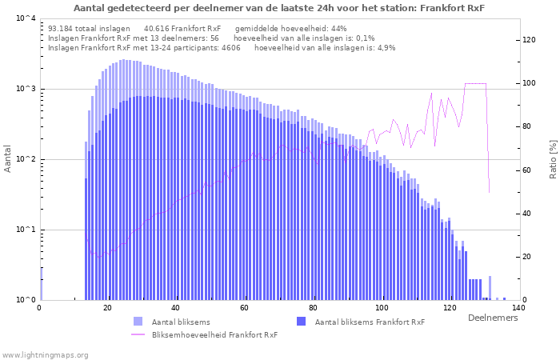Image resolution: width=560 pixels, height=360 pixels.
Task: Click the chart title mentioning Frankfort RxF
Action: pyautogui.click(x=279, y=8)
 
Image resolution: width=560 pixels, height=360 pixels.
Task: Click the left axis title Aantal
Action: pyautogui.click(x=7, y=158)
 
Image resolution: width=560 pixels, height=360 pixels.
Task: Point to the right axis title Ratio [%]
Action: pyautogui.click(x=553, y=159)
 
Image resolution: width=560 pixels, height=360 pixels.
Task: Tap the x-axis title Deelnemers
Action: pyautogui.click(x=493, y=318)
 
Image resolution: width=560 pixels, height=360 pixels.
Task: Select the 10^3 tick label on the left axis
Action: pyautogui.click(x=26, y=89)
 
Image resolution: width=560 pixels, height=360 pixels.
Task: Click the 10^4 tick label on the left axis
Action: pyautogui.click(x=26, y=18)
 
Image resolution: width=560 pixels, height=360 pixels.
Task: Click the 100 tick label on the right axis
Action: pyautogui.click(x=530, y=83)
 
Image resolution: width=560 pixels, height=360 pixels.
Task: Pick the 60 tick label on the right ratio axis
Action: pyautogui.click(x=526, y=170)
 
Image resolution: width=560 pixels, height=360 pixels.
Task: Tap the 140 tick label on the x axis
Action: pyautogui.click(x=518, y=308)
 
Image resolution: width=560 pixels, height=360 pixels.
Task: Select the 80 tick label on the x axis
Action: pyautogui.click(x=313, y=308)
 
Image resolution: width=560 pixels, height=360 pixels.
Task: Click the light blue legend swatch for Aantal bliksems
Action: pyautogui.click(x=138, y=321)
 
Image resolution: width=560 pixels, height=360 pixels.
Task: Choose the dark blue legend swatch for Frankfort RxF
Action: pyautogui.click(x=302, y=321)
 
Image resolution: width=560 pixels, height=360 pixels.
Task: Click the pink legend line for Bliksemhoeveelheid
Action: pyautogui.click(x=138, y=334)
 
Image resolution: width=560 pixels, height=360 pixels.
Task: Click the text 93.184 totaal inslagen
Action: pyautogui.click(x=89, y=29)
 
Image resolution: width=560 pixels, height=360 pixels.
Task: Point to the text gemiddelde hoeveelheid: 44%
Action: pyautogui.click(x=290, y=29)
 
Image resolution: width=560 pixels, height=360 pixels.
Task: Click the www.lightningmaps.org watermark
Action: pyautogui.click(x=45, y=355)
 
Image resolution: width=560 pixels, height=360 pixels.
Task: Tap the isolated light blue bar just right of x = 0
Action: pyautogui.click(x=42, y=284)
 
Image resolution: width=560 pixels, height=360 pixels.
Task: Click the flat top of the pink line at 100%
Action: pyautogui.click(x=475, y=83)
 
